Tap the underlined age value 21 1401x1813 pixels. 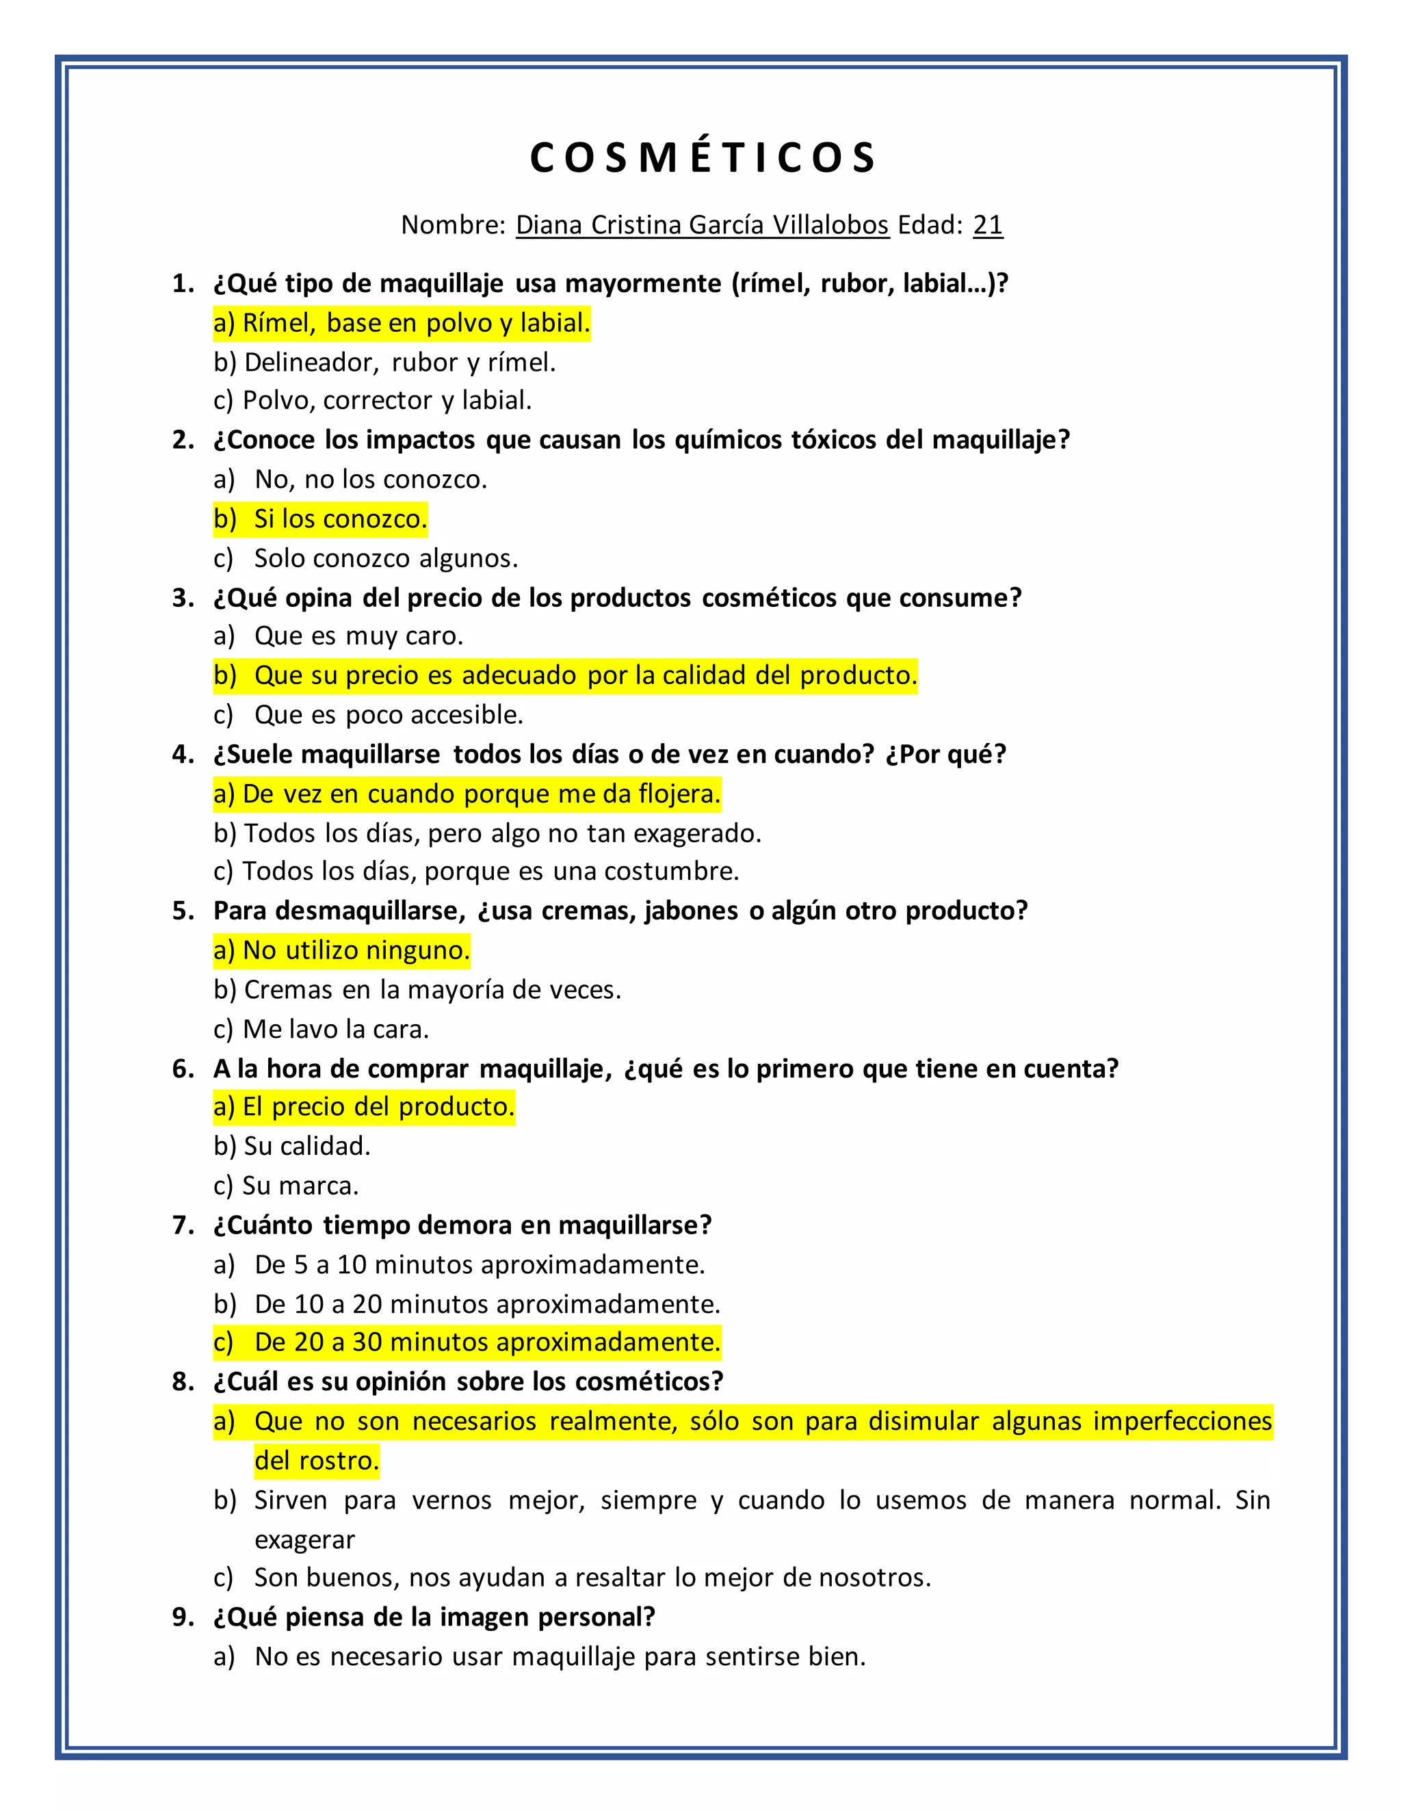pos(988,225)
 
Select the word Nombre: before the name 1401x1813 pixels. pos(453,225)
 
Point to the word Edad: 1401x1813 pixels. pos(930,225)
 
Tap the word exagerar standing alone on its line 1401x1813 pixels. pos(304,1540)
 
